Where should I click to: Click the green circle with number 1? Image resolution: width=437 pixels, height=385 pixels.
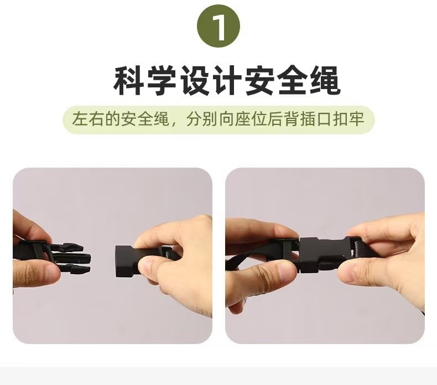pos(218,26)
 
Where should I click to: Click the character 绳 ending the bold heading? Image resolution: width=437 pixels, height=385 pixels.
pos(325,81)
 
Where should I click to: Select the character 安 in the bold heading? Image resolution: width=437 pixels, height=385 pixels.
pos(260,81)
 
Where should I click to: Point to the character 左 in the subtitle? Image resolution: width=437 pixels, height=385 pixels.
pos(80,119)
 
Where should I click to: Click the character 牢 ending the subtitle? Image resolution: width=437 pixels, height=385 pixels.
pos(357,119)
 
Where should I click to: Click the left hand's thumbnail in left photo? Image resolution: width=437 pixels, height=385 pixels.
pos(51,271)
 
